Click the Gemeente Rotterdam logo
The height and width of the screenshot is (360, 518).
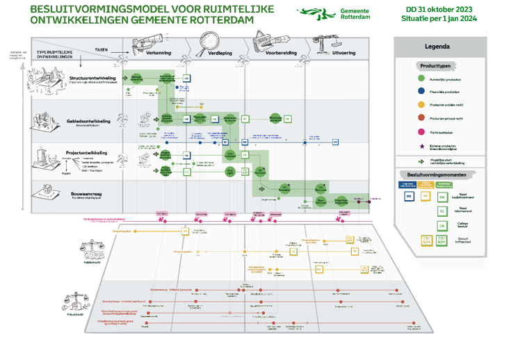pos(323,13)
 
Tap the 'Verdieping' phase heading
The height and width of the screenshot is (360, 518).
pos(220,53)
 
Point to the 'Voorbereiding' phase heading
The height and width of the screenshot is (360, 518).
pos(281,53)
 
